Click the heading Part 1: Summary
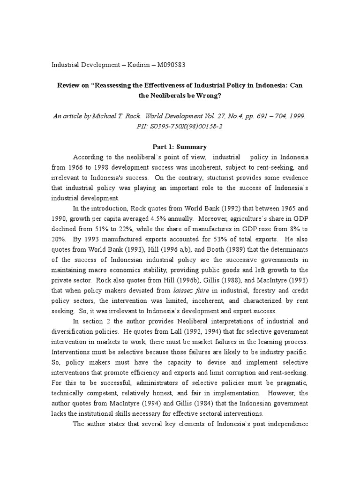click(180, 147)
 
